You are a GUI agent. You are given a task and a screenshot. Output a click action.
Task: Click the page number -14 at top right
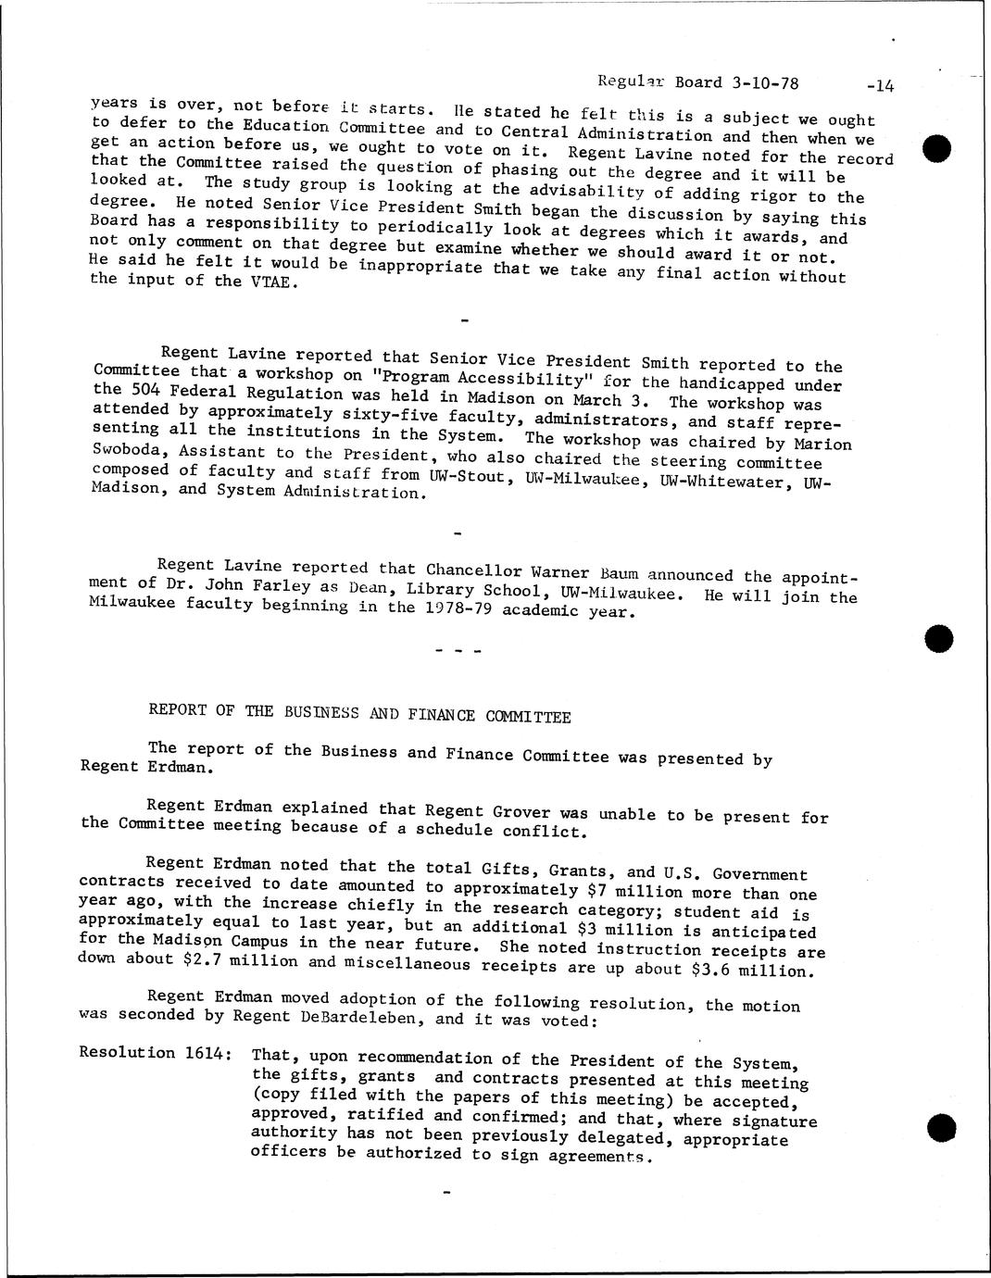875,86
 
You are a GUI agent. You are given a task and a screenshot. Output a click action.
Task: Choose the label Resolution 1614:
155,1052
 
